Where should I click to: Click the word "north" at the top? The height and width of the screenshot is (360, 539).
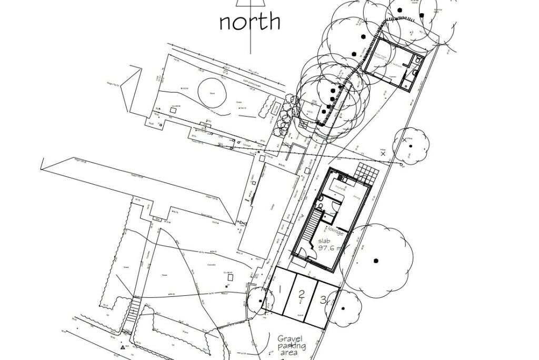point(249,22)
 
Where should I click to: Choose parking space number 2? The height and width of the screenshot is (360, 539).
point(301,295)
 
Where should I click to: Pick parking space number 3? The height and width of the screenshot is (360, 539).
point(323,301)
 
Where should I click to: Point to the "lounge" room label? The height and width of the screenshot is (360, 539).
point(335,231)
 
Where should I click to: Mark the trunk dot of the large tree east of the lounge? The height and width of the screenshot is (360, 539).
point(376,260)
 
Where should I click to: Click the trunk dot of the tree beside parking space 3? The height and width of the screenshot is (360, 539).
point(343,308)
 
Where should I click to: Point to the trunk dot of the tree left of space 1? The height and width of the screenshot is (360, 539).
point(260,302)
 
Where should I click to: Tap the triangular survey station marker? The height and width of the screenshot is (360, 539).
point(123,347)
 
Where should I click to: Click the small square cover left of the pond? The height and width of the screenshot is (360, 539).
point(174,111)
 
